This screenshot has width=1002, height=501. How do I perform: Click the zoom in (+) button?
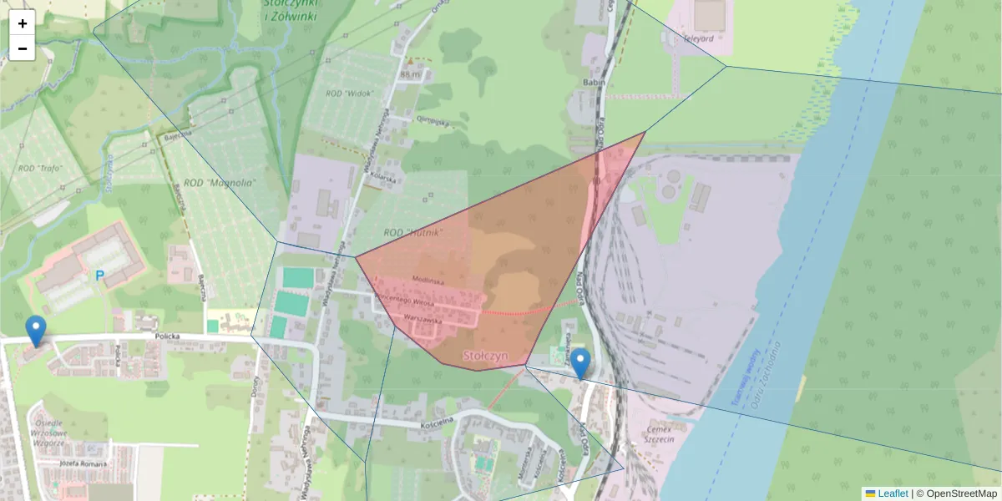pyautogui.click(x=23, y=23)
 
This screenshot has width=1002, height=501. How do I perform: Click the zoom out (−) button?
pyautogui.click(x=23, y=48)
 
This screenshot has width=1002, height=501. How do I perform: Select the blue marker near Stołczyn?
pyautogui.click(x=579, y=363)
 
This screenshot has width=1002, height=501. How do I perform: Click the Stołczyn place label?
pyautogui.click(x=485, y=356)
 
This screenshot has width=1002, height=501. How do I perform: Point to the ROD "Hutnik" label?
pyautogui.click(x=412, y=232)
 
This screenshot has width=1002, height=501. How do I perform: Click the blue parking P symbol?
pyautogui.click(x=100, y=275)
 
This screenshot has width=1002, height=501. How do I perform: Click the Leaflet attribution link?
pyautogui.click(x=892, y=493)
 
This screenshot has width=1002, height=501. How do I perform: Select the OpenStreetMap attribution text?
pyautogui.click(x=956, y=493)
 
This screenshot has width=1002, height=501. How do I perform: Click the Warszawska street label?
pyautogui.click(x=421, y=318)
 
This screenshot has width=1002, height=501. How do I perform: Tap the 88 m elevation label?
pyautogui.click(x=410, y=74)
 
